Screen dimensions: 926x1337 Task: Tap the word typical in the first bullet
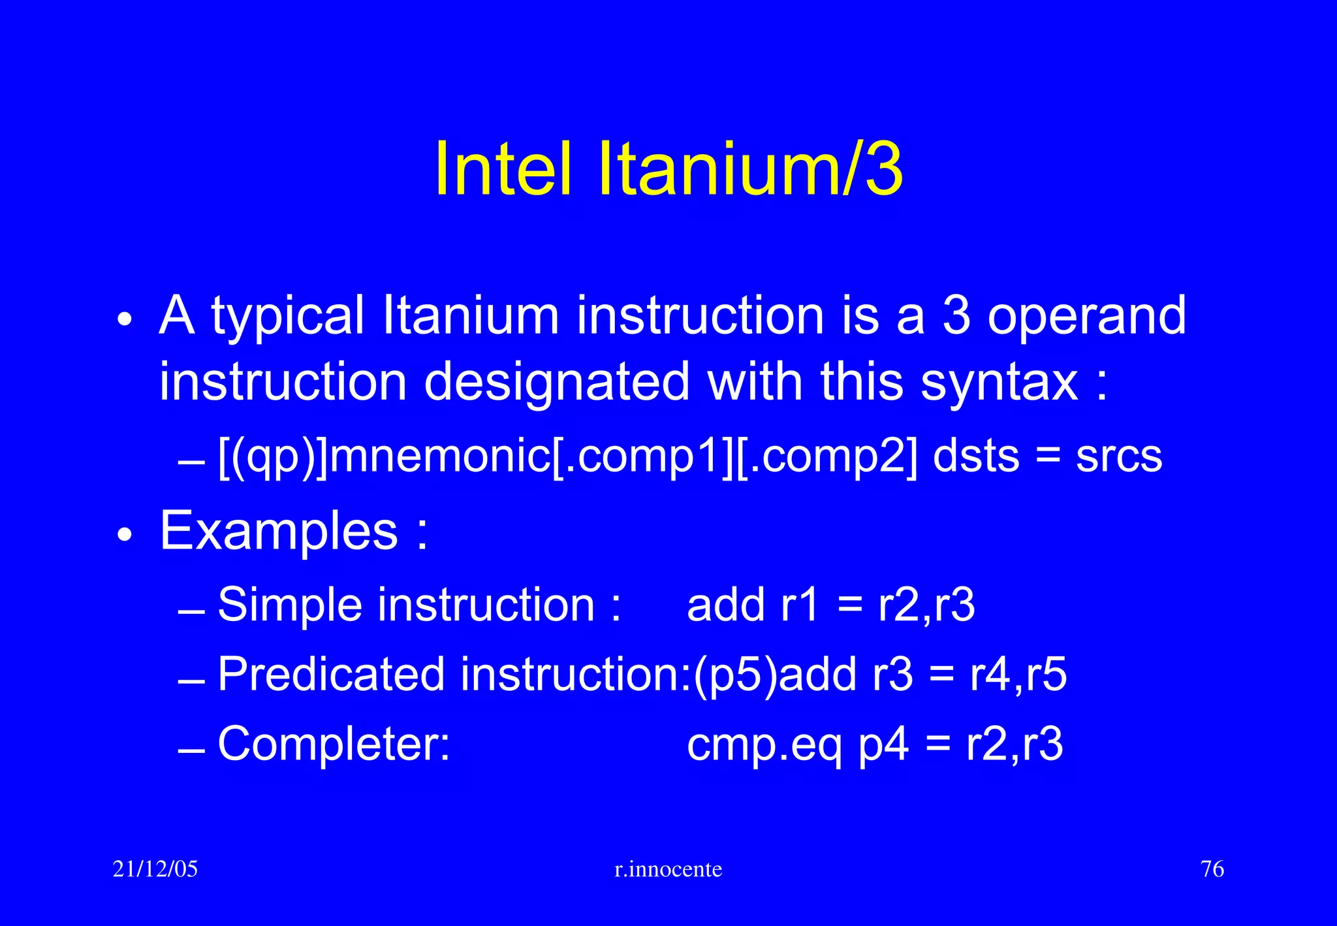coord(287,316)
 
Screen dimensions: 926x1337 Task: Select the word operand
coord(1086,316)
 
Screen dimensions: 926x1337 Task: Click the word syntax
coord(999,381)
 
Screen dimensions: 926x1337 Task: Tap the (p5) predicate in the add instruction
coord(735,674)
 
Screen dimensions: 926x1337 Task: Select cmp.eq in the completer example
coord(764,744)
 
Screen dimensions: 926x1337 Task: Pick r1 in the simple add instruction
coord(799,605)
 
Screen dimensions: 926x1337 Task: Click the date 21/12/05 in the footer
coord(155,869)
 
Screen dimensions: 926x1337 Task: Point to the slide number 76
coord(1212,869)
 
